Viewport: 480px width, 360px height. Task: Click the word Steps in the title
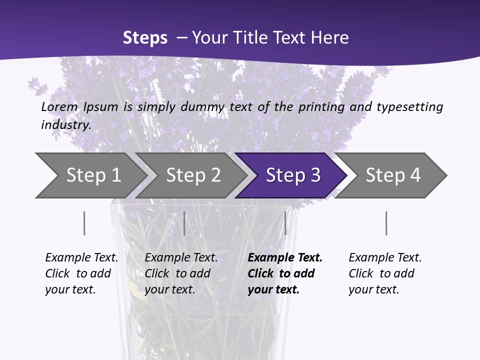tap(145, 38)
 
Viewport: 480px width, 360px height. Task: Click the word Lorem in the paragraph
tap(59, 107)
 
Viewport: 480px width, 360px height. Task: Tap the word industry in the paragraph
tap(66, 125)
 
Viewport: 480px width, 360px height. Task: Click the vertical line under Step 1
tap(84, 223)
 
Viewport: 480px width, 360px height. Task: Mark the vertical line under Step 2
tap(184, 223)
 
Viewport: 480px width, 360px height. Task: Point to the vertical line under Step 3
tap(285, 223)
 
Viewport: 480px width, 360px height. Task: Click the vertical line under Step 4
tap(386, 223)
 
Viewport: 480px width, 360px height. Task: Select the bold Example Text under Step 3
tap(285, 257)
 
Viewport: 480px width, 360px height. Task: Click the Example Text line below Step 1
tap(81, 257)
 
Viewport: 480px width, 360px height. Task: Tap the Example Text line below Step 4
tap(385, 257)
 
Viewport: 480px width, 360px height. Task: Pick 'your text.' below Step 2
tap(169, 289)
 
